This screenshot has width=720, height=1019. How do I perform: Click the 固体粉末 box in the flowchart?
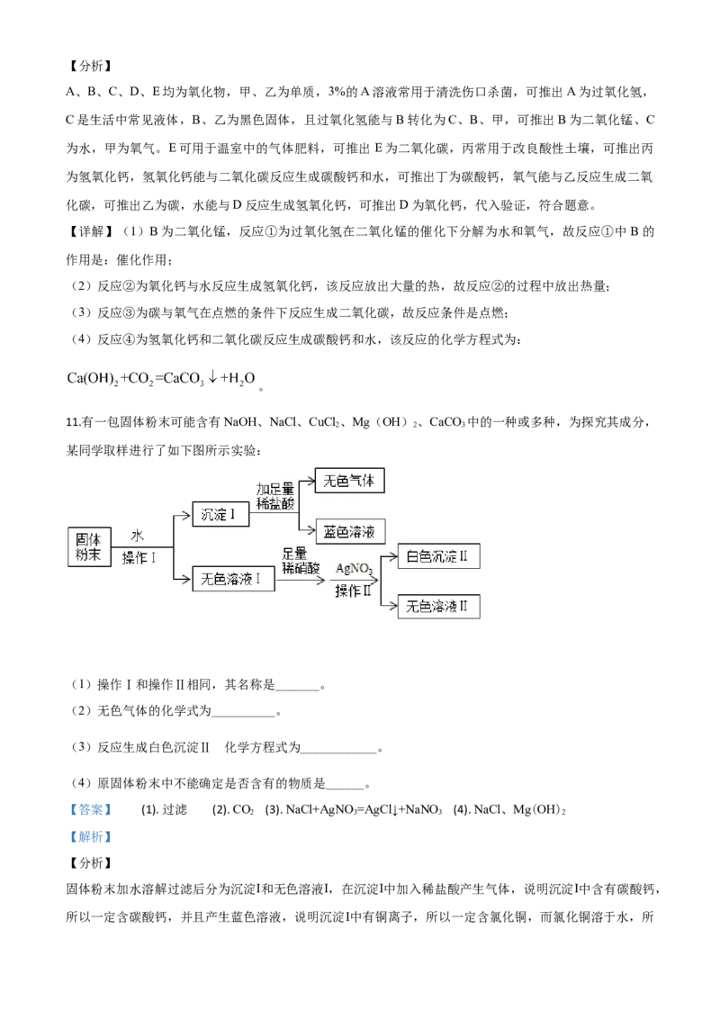[x=89, y=546]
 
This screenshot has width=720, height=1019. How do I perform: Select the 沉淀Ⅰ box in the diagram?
[x=220, y=514]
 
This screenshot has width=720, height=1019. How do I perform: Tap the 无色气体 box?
[x=349, y=481]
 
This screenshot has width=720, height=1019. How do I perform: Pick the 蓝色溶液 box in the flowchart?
[x=349, y=532]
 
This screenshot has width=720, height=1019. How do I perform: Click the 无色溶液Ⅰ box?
[x=233, y=579]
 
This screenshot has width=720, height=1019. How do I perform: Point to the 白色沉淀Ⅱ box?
[x=438, y=556]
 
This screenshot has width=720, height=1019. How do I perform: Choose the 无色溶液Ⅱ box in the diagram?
[x=438, y=607]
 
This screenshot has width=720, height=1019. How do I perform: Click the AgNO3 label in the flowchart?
[x=355, y=569]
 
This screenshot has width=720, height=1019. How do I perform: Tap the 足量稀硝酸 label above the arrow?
[x=301, y=560]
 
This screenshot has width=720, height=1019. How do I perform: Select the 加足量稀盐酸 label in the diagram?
[x=274, y=496]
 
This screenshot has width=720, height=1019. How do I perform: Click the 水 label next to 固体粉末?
[x=137, y=536]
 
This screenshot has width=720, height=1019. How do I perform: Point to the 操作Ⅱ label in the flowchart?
[x=353, y=591]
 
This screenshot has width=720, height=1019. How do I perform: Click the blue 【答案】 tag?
[x=90, y=809]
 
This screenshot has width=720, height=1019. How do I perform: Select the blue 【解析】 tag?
[x=90, y=836]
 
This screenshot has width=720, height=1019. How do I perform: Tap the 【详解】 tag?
[x=90, y=231]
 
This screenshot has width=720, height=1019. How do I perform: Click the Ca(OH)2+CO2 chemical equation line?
[x=161, y=378]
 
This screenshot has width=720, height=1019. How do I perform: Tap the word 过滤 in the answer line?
[x=175, y=809]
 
